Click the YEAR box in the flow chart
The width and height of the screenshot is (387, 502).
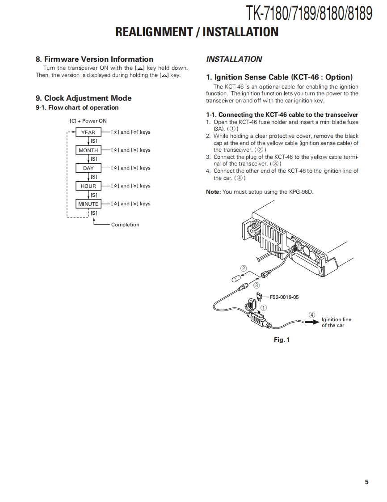88,132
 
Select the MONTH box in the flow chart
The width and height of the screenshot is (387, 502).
88,150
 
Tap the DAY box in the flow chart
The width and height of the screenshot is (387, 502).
88,168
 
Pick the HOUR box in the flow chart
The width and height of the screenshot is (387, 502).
88,186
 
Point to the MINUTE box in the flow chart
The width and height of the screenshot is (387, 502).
88,204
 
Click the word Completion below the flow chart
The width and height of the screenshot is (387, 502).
125,225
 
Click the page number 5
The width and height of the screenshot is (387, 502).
366,482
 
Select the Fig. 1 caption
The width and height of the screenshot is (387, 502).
282,340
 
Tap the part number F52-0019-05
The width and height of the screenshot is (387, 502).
284,297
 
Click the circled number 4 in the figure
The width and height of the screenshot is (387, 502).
312,315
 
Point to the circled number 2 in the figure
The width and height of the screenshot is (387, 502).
244,268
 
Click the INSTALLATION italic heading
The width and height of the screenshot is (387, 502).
234,59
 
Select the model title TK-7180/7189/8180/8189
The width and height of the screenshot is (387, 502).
308,13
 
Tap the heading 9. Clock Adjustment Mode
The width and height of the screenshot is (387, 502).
84,98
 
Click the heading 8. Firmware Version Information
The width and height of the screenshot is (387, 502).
94,59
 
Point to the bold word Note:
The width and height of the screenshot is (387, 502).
213,192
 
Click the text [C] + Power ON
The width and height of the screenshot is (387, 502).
88,121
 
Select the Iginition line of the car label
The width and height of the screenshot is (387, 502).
336,323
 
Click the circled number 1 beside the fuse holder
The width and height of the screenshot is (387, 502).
264,308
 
